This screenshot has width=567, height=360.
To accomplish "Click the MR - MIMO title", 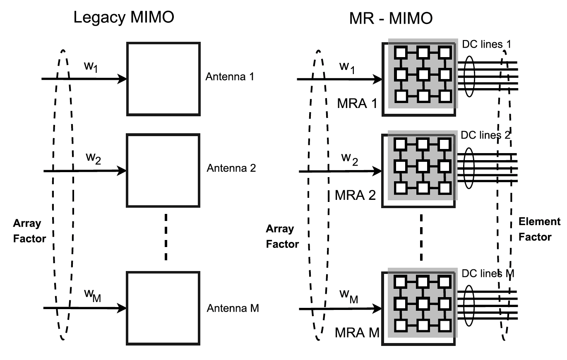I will click(x=390, y=18).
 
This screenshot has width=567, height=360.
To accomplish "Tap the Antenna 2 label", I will click(x=231, y=168).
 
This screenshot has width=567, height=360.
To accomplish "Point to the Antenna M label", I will click(x=233, y=308).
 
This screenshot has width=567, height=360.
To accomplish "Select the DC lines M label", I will click(x=487, y=274).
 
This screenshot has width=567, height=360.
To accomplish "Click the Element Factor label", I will click(x=539, y=229).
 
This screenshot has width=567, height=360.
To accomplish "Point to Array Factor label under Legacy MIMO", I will click(x=29, y=231).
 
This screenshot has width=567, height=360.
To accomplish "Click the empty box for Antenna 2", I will click(x=163, y=170).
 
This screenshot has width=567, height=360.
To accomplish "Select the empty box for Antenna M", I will click(x=163, y=308).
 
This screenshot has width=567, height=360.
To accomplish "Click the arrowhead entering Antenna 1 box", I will click(x=123, y=79).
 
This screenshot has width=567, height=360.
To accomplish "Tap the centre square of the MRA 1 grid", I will click(x=422, y=74).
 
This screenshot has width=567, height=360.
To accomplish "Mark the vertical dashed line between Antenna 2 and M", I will click(x=166, y=237).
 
